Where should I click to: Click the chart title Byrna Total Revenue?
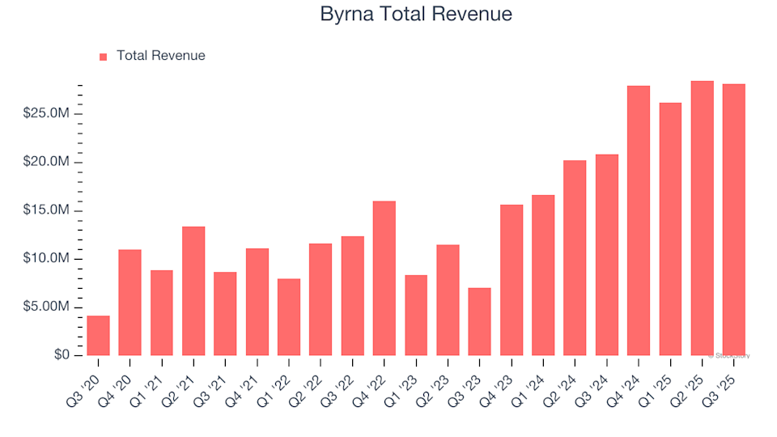tap(416, 15)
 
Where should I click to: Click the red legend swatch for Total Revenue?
tap(103, 57)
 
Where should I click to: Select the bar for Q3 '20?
tap(98, 335)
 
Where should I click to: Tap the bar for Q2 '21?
tap(193, 291)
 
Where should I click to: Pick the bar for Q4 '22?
tap(384, 278)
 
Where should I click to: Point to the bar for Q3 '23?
tap(480, 321)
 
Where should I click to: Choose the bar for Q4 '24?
tap(639, 220)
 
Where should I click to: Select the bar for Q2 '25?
tap(703, 218)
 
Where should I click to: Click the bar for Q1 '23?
tap(416, 315)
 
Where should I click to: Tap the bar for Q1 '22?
tap(289, 316)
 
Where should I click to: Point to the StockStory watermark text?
tap(730, 355)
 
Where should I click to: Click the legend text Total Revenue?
tap(160, 56)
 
